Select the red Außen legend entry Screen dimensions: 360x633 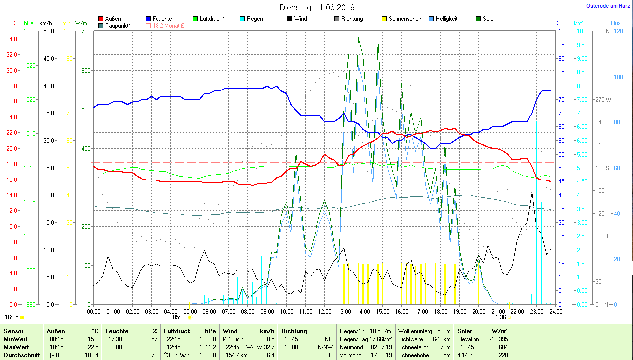(113, 19)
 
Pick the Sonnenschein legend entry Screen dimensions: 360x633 (405, 19)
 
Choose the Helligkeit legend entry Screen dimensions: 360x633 (446, 19)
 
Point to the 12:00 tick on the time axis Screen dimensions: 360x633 (324, 311)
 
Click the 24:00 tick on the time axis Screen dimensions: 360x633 (555, 311)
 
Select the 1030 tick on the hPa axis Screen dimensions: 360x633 (30, 31)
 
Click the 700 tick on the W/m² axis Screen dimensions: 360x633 (85, 31)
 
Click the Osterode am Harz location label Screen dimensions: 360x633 (608, 6)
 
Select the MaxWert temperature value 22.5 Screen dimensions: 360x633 (92, 346)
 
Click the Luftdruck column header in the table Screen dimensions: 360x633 (177, 331)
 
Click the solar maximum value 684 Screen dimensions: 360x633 (503, 346)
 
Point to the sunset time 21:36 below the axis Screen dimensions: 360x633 (499, 317)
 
